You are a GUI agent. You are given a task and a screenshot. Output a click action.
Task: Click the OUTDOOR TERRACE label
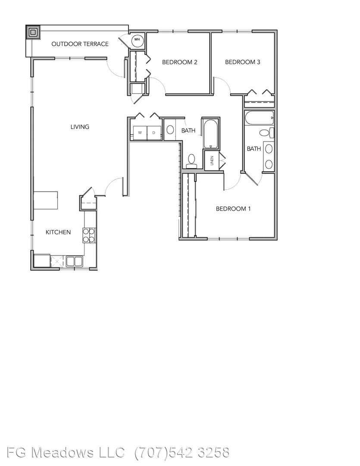coord(80,44)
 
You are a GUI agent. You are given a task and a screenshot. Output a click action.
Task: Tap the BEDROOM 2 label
coord(180,62)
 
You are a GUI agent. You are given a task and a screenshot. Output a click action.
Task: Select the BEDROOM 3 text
coord(243,62)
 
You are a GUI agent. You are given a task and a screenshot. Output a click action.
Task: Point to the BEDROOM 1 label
coord(233,209)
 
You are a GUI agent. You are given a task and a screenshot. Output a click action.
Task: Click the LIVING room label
coord(80,126)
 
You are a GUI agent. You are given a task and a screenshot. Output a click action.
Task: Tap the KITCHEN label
coord(58,232)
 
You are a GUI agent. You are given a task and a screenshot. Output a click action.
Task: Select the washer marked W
coord(140,133)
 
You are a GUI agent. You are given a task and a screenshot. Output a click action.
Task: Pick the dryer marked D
coord(154,133)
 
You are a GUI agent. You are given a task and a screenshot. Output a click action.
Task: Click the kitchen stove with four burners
coord(89,236)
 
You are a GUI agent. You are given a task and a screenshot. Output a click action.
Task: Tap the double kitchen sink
coord(74,261)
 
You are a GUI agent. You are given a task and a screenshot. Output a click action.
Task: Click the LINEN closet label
coord(212,160)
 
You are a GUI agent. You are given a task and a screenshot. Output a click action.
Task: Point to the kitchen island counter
coord(45,201)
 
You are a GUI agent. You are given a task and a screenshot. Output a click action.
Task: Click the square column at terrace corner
coord(33,32)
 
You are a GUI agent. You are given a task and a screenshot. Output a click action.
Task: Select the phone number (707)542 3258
coord(182,452)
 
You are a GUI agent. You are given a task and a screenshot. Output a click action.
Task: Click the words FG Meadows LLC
coord(66,452)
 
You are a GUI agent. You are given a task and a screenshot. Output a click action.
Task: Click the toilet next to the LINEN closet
coord(191,161)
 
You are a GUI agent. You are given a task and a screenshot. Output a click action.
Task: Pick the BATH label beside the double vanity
coord(254,148)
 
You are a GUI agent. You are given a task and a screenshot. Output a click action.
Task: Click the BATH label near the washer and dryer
coord(188,130)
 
